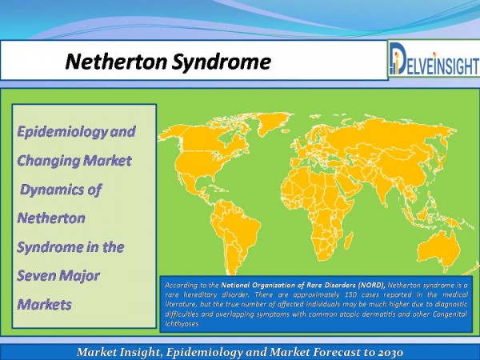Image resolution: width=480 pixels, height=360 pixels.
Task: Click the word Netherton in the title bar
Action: pos(117,62)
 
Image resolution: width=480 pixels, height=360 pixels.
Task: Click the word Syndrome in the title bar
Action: pos(222,62)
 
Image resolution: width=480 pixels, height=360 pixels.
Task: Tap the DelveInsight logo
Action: pos(434,58)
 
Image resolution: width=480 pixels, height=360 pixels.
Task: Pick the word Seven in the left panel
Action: pos(36,275)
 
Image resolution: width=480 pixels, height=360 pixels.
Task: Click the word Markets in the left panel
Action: pos(44,305)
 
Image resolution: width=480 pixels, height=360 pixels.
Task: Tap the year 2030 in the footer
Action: pos(390,352)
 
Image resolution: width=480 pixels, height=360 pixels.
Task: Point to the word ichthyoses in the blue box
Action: pos(182,323)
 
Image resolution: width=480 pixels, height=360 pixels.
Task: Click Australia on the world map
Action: pos(439,250)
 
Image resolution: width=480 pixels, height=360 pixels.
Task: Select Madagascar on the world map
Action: pos(349,240)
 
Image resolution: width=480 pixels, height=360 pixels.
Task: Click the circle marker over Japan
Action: pos(442,158)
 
